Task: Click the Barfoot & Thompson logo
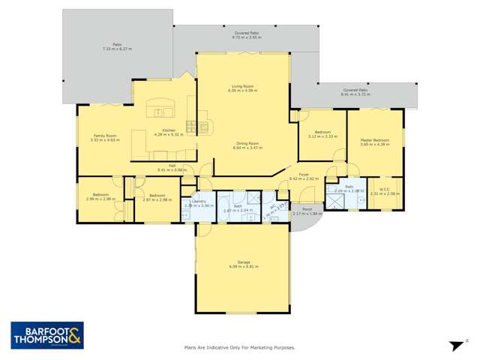[46, 334]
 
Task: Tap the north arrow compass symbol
[454, 345]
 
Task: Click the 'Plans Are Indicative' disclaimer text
[239, 348]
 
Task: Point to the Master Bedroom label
[374, 142]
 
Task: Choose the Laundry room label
[199, 203]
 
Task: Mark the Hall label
[172, 169]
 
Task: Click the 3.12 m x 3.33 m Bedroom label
[322, 135]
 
